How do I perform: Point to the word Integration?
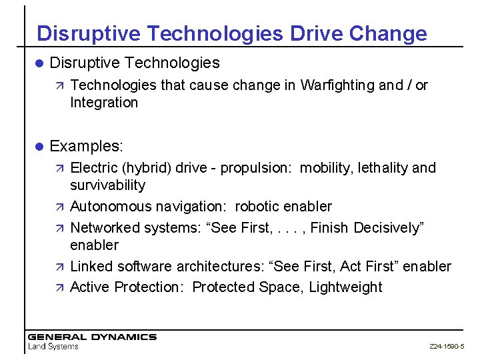pyautogui.click(x=103, y=103)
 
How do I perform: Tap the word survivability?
pyautogui.click(x=107, y=185)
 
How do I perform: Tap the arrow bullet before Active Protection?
pyautogui.click(x=58, y=287)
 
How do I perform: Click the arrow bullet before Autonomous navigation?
pyautogui.click(x=58, y=207)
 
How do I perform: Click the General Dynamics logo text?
pyautogui.click(x=91, y=337)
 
